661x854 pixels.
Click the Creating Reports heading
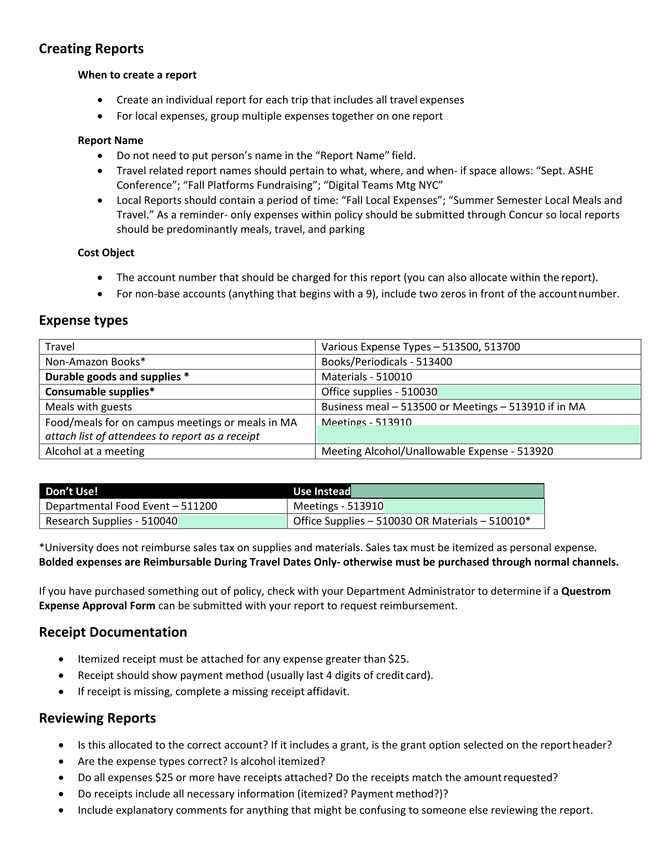91,49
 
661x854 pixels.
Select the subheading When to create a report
137,75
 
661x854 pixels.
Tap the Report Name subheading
110,140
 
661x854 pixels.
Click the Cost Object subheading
106,253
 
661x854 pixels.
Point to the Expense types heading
83,321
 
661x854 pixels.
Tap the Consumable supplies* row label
100,392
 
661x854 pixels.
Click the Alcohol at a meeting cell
95,452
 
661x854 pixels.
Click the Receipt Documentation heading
113,632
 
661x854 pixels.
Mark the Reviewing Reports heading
97,718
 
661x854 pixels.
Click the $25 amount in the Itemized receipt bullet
397,659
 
